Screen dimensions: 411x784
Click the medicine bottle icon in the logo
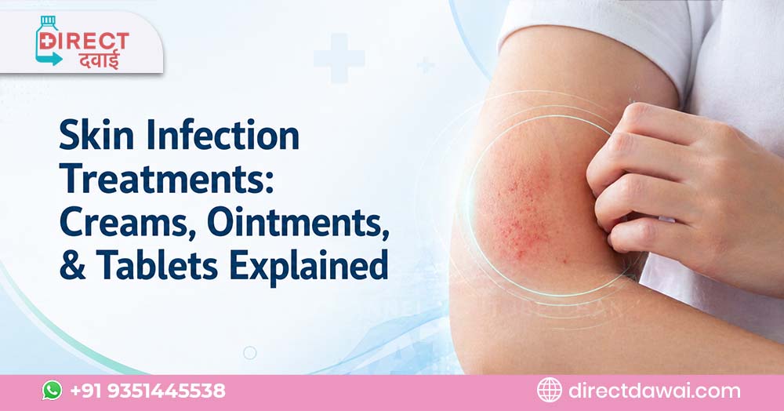(49, 41)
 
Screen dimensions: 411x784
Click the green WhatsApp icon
(52, 391)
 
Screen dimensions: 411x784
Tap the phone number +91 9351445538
(147, 391)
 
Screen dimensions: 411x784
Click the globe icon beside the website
(549, 391)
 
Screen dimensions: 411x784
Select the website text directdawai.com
(653, 391)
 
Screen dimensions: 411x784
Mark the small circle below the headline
(249, 352)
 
